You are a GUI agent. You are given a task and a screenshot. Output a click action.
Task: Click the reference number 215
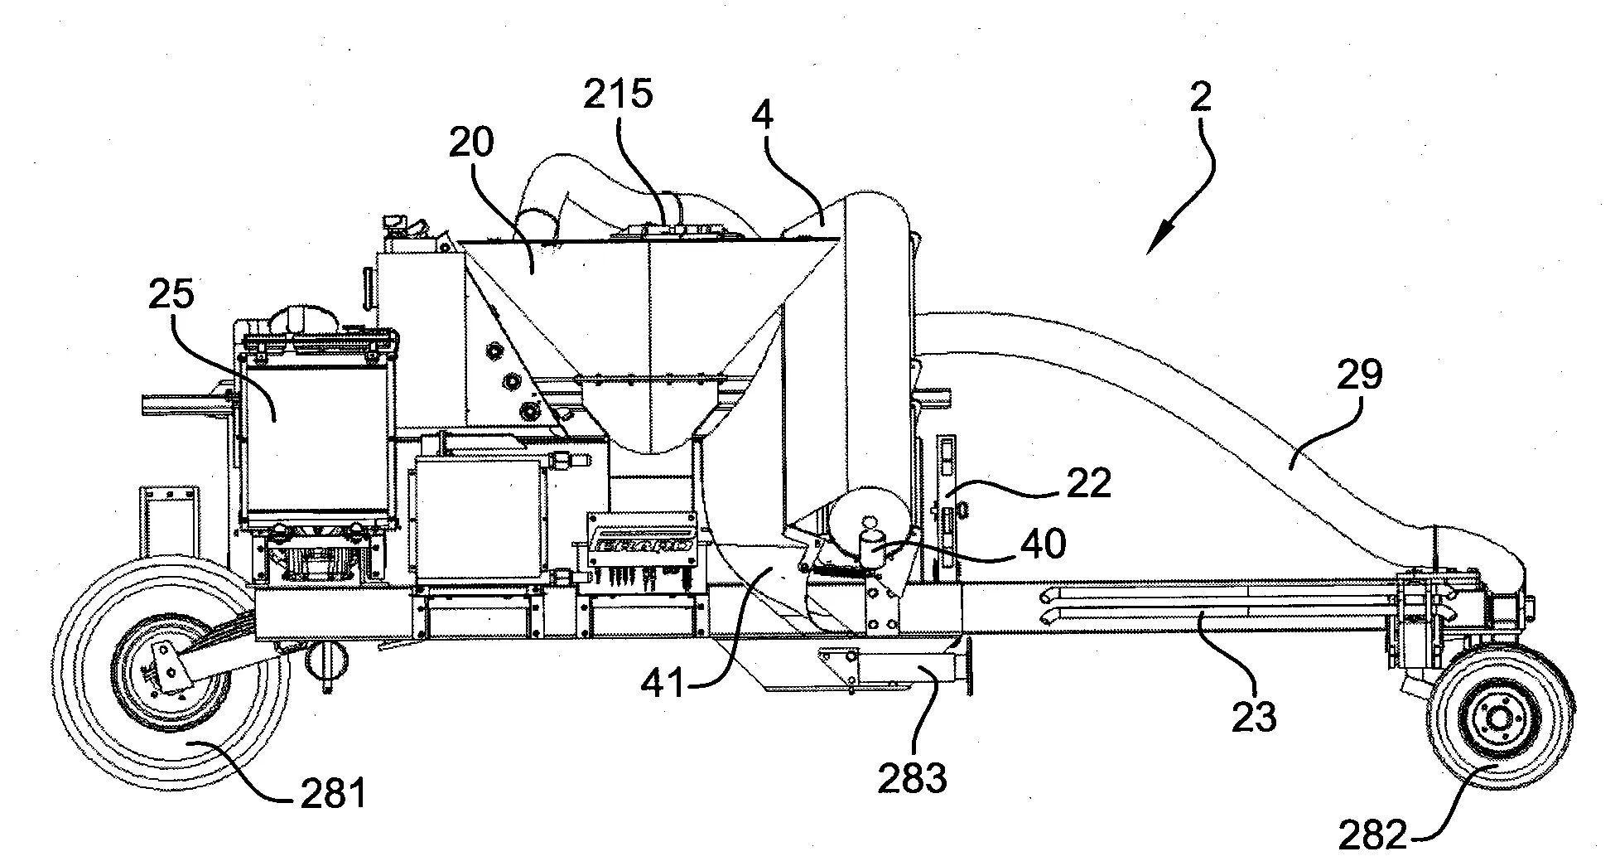point(618,94)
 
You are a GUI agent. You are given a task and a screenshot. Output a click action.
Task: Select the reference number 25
point(172,293)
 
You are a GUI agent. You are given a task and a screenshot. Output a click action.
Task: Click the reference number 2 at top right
point(1200,98)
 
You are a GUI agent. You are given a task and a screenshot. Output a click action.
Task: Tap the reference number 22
point(1088,483)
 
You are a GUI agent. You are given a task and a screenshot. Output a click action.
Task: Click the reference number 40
point(1044,544)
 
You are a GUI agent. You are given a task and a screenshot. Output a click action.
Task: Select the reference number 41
point(666,685)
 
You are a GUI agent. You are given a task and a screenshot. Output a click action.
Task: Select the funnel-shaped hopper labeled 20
point(650,331)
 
